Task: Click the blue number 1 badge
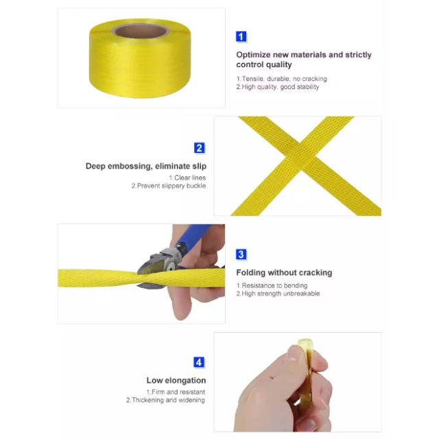[241, 36]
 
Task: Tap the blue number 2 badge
[199, 148]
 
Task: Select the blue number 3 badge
[241, 254]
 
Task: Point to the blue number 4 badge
[199, 362]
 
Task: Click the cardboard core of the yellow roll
[140, 31]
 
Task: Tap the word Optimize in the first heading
[253, 55]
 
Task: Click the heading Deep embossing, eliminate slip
[146, 166]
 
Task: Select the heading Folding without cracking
[284, 272]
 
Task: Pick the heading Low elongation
[176, 380]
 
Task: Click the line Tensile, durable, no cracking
[282, 79]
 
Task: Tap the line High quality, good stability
[278, 87]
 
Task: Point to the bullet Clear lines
[187, 178]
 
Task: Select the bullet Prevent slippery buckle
[169, 186]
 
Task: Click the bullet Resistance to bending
[272, 285]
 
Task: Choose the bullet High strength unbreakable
[278, 294]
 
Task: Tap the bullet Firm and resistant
[176, 392]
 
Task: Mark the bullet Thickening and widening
[165, 400]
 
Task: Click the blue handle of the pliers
[193, 235]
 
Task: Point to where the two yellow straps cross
[301, 157]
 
